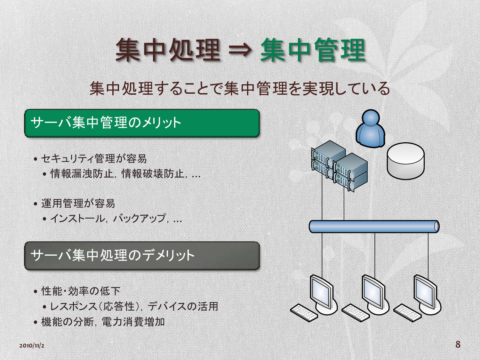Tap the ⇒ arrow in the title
(x=240, y=50)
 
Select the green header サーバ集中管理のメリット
(x=142, y=123)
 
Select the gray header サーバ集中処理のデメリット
(x=142, y=256)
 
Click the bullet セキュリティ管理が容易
(x=94, y=159)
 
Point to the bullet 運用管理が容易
(x=78, y=204)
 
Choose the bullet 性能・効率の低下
(x=81, y=291)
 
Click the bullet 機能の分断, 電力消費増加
(x=103, y=322)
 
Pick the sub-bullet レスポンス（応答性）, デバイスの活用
(x=134, y=307)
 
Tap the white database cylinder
(x=405, y=161)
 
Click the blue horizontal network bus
(x=374, y=226)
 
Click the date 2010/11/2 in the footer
(x=32, y=346)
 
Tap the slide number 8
(x=458, y=344)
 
